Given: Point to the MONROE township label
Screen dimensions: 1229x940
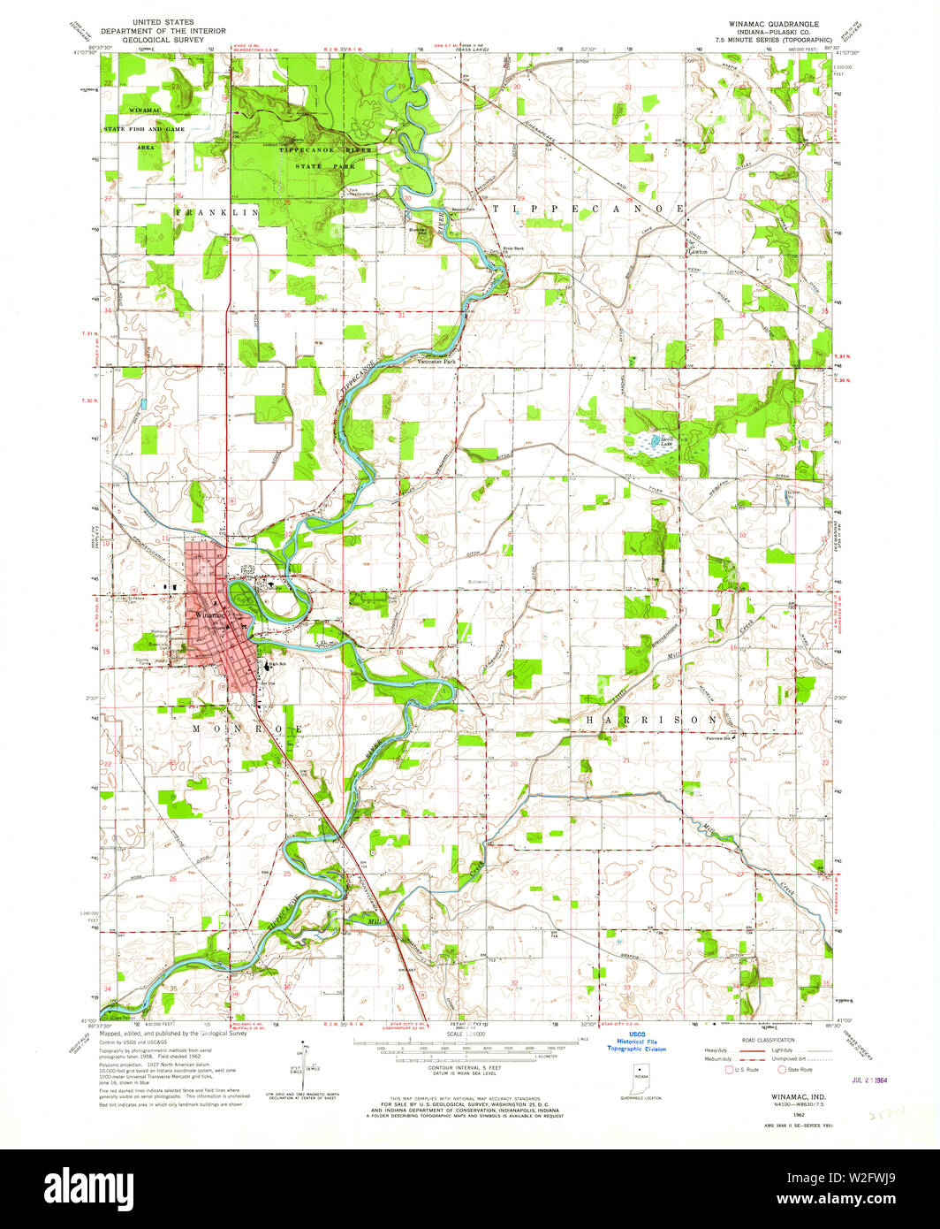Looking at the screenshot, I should (248, 728).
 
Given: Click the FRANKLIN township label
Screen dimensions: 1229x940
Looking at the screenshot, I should (217, 213).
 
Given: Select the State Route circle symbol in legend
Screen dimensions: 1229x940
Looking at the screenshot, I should (782, 1069).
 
